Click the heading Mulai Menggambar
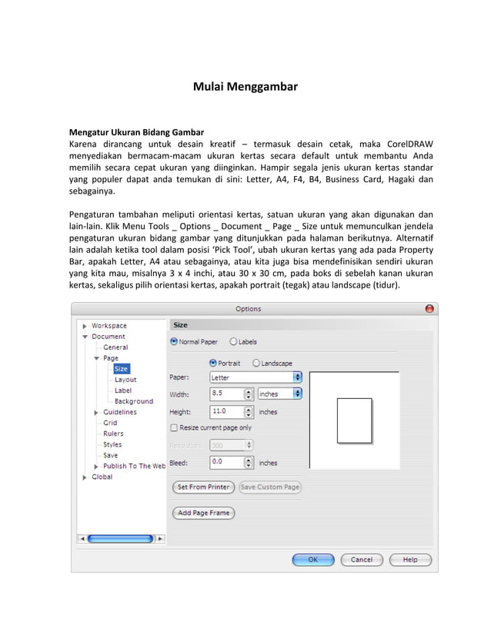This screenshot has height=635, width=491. point(245,87)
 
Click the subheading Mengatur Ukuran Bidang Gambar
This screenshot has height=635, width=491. point(136,131)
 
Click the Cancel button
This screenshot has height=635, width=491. point(362,560)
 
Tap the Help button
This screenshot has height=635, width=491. point(409,560)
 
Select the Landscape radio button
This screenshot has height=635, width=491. point(256,363)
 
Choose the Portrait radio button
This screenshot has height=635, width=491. point(214,363)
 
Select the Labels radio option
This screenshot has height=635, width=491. point(233,341)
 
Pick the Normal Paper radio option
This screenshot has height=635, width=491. point(174,341)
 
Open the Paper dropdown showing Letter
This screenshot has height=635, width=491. point(255,377)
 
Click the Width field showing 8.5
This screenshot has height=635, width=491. point(226,394)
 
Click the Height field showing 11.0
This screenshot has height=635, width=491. point(226,412)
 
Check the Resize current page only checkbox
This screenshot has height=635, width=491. point(174,427)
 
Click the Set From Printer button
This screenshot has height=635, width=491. point(203,487)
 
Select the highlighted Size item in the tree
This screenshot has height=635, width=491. point(122,369)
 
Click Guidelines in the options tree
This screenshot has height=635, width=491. point(119,412)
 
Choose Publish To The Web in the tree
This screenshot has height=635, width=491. point(134,466)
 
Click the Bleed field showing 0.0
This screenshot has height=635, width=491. point(226,462)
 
